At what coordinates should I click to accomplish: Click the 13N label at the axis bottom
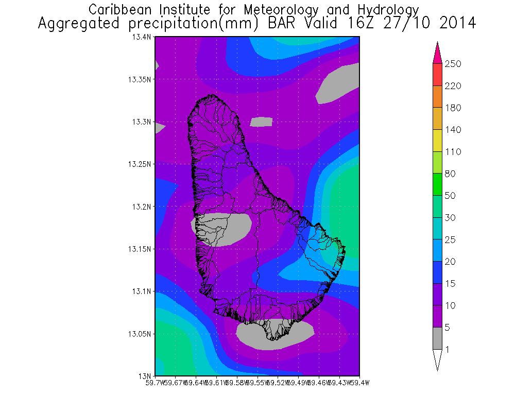click(x=146, y=375)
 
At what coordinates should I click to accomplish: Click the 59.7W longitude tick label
click(x=154, y=383)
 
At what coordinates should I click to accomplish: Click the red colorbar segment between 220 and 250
click(x=437, y=75)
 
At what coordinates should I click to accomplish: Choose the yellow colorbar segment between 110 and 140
click(x=437, y=141)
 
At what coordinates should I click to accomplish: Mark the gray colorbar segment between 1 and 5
click(x=437, y=338)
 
